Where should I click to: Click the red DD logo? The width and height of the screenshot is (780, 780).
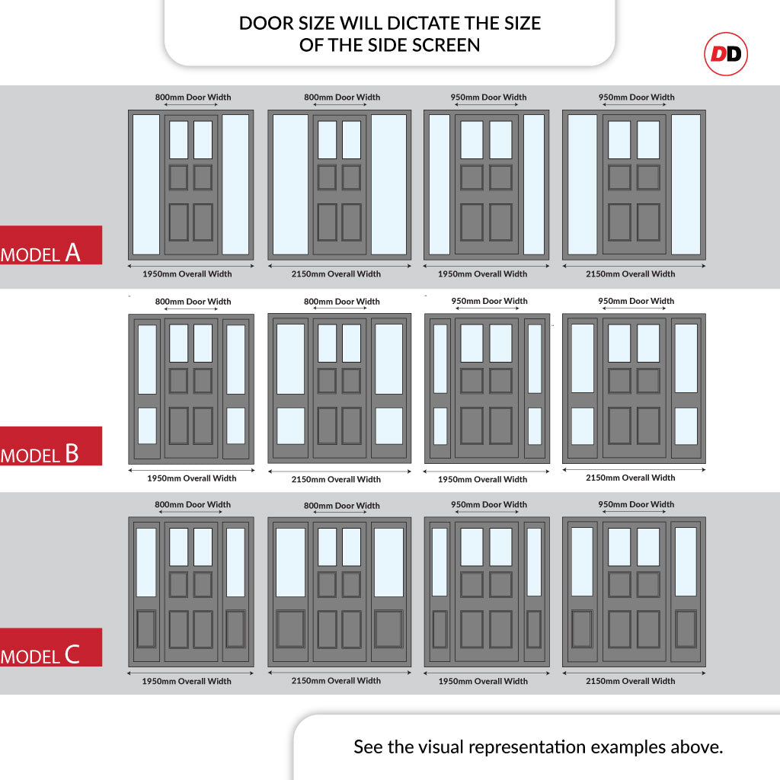726,54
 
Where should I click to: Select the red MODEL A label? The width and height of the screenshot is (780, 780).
51,245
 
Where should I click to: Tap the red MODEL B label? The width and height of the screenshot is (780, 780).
51,446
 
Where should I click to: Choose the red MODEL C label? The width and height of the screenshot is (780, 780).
51,647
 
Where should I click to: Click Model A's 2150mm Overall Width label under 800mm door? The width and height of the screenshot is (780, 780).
336,274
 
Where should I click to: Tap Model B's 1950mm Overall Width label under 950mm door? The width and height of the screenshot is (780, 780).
482,480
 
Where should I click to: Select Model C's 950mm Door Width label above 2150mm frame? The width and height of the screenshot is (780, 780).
636,504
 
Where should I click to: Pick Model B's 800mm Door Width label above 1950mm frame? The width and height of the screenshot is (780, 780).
193,302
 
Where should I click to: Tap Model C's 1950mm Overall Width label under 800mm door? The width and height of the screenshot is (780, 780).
187,682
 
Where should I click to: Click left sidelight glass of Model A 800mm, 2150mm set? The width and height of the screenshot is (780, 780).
290,184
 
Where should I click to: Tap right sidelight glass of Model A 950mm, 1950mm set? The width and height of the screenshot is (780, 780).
534,184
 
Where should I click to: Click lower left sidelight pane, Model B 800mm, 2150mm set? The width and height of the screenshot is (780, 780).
290,427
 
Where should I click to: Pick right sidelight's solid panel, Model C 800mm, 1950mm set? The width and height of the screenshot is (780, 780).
235,629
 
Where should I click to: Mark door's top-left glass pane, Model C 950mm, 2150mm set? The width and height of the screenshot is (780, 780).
619,547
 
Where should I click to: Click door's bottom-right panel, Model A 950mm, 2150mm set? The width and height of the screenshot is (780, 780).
649,222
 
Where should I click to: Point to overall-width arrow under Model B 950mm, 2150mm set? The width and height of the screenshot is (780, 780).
635,469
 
